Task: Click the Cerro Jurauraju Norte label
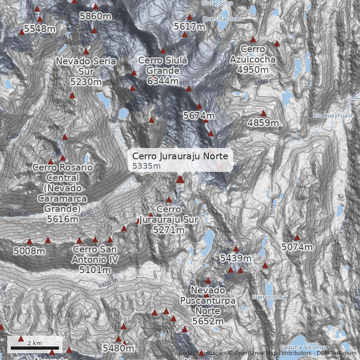pyautogui.click(x=180, y=157)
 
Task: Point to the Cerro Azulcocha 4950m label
pyautogui.click(x=252, y=59)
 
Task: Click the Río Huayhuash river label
pyautogui.click(x=333, y=116)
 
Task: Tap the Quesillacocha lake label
pyautogui.click(x=223, y=19)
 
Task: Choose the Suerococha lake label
pyautogui.click(x=269, y=297)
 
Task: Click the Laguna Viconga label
pyautogui.click(x=303, y=347)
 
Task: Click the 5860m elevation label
pyautogui.click(x=95, y=17)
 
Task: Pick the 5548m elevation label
pyautogui.click(x=40, y=29)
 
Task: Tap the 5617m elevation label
pyautogui.click(x=189, y=27)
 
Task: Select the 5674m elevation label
pyautogui.click(x=199, y=116)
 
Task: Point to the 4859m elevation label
pyautogui.click(x=263, y=123)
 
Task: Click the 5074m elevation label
pyautogui.click(x=297, y=247)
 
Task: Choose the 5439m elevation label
pyautogui.click(x=235, y=258)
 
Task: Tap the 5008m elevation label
pyautogui.click(x=29, y=251)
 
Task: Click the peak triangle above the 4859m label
pyautogui.click(x=263, y=113)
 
